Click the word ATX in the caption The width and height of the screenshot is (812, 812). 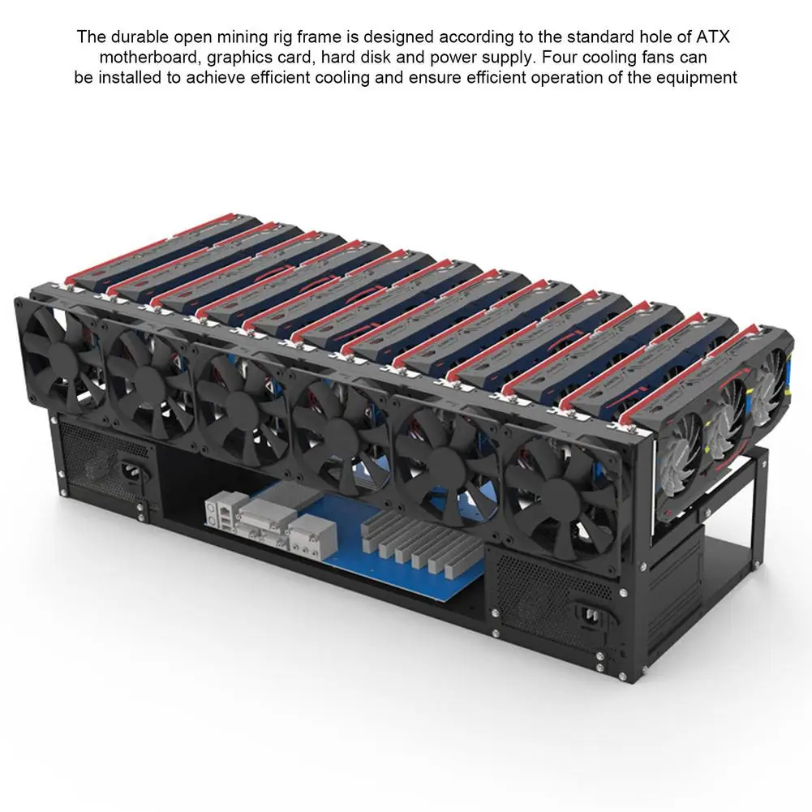point(712,37)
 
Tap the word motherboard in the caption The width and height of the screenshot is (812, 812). point(148,57)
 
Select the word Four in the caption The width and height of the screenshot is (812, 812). point(559,57)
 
